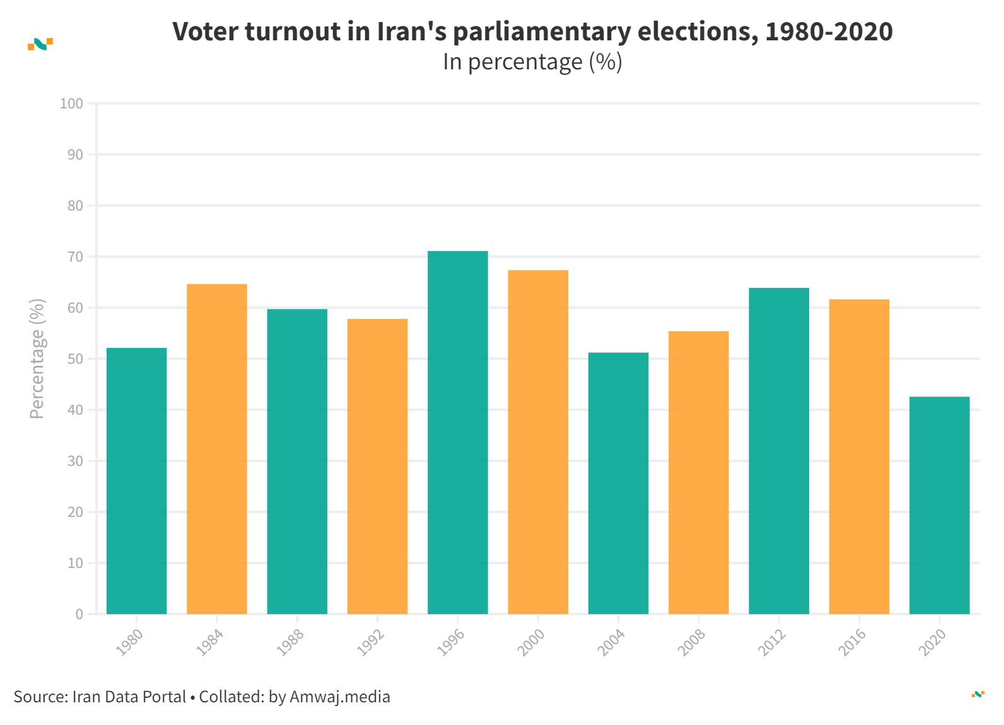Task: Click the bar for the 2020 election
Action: (x=939, y=505)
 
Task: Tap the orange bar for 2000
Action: (x=538, y=442)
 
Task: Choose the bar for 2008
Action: (x=698, y=472)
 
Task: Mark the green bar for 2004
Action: (x=618, y=483)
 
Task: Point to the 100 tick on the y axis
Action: (x=71, y=103)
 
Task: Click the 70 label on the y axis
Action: (x=75, y=257)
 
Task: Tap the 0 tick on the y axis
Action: (x=79, y=614)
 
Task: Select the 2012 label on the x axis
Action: (x=772, y=642)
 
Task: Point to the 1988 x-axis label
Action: (x=290, y=642)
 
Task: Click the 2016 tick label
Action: (x=852, y=642)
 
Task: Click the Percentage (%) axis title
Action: (x=37, y=358)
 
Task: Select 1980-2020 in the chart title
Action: (x=829, y=32)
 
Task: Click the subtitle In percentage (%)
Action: (x=532, y=62)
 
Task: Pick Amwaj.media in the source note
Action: (x=340, y=697)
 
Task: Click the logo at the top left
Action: (x=40, y=43)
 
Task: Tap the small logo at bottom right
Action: (x=978, y=694)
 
